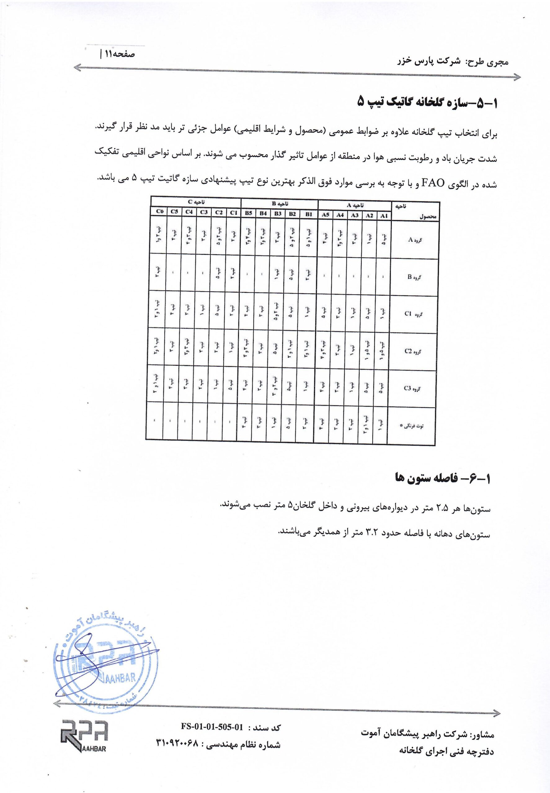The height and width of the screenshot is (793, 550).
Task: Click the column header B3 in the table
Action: pos(278,213)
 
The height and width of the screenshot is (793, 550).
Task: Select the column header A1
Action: pos(384,216)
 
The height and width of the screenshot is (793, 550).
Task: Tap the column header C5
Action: pos(174,212)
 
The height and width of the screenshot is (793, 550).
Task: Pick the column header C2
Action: pos(219,212)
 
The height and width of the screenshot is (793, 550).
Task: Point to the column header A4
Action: pos(340,215)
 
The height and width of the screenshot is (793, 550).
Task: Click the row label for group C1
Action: pos(412,314)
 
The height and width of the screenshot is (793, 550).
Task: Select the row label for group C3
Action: pos(411,388)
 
